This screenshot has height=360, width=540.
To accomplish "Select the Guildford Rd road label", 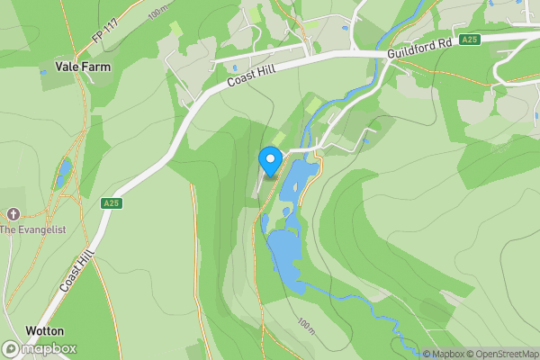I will click(x=418, y=48).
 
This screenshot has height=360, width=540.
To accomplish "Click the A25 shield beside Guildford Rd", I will click(x=469, y=40).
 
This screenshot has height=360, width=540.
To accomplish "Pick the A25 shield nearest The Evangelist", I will click(x=111, y=204).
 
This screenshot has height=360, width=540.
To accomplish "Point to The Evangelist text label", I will click(x=32, y=230).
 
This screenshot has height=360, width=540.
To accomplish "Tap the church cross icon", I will click(x=13, y=214).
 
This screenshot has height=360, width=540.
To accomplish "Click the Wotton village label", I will click(x=44, y=331).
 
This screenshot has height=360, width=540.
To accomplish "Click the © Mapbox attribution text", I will click(x=443, y=354).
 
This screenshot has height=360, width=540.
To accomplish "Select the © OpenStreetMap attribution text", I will click(x=501, y=354).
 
